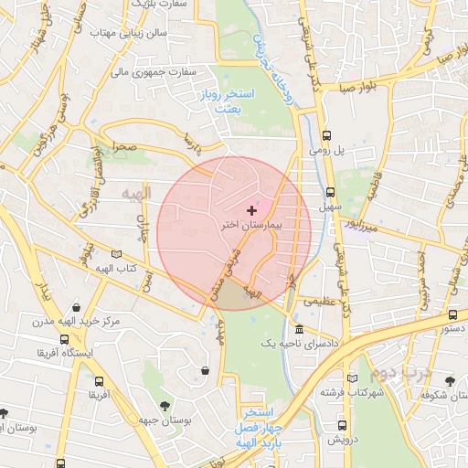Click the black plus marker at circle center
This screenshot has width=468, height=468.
pyautogui.click(x=252, y=211)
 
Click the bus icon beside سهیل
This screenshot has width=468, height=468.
pyautogui.click(x=330, y=193)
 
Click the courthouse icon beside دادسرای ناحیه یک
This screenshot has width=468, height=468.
pyautogui.click(x=299, y=329)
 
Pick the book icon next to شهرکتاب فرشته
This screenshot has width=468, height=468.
pyautogui.click(x=353, y=378)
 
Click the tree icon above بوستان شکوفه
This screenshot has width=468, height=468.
pyautogui.click(x=451, y=380)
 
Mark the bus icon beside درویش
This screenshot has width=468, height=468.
pyautogui.click(x=342, y=425)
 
